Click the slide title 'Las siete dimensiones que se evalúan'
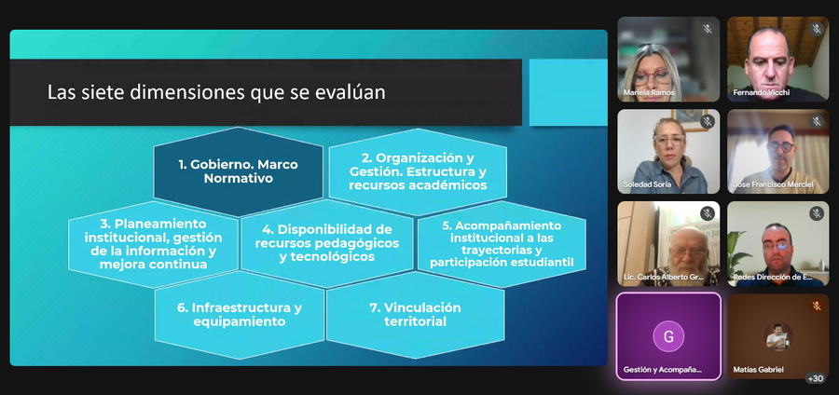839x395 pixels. click(216, 92)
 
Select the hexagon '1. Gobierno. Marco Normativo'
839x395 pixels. click(238, 171)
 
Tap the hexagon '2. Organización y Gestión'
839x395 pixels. click(418, 171)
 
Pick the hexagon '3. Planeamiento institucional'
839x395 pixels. click(153, 244)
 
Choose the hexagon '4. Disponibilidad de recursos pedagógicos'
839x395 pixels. click(327, 244)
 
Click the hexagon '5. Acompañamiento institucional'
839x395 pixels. click(502, 244)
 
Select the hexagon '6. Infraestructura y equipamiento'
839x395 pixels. click(240, 315)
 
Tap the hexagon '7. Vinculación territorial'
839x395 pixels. click(415, 315)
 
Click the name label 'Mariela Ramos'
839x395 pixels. click(649, 93)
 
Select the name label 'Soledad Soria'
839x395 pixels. click(647, 184)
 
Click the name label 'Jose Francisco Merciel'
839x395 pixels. click(773, 184)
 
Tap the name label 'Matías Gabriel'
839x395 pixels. click(759, 369)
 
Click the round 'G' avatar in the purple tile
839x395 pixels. click(668, 336)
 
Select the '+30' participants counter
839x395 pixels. click(816, 378)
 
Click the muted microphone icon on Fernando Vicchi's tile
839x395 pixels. click(817, 29)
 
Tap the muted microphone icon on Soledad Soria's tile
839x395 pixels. click(708, 122)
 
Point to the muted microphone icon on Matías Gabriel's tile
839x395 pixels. click(817, 306)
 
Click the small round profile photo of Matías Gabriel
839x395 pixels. click(778, 336)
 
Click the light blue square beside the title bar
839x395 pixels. click(569, 92)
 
